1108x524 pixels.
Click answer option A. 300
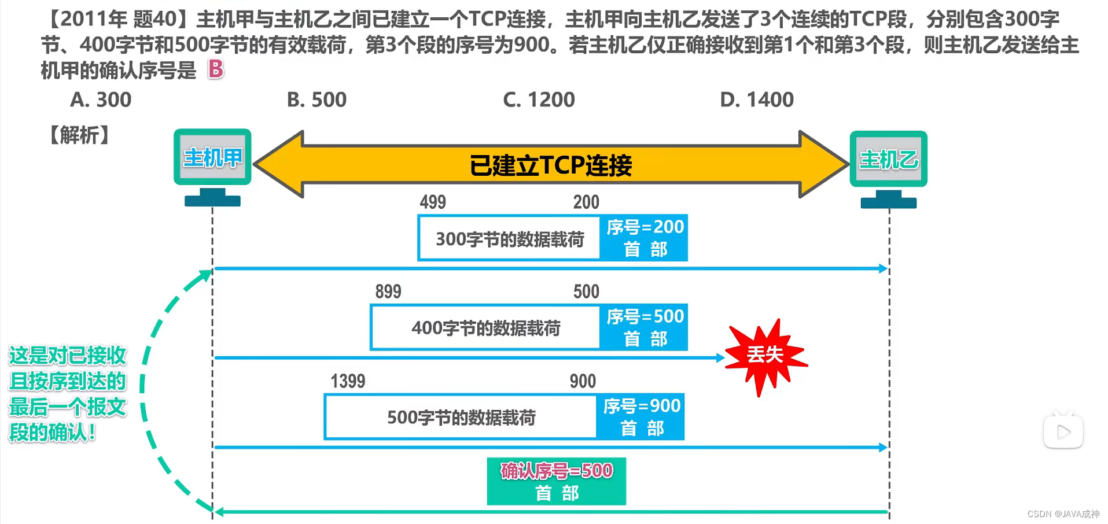click(101, 100)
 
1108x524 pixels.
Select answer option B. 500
click(316, 100)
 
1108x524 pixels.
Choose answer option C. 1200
click(539, 100)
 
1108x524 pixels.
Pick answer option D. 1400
click(757, 100)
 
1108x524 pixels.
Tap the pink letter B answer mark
click(216, 69)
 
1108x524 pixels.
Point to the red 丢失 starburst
click(765, 355)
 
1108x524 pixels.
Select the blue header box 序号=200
click(645, 238)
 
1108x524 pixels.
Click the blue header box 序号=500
click(645, 327)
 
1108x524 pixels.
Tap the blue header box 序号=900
click(641, 417)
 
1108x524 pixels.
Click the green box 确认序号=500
click(556, 481)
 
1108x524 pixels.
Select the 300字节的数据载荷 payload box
click(509, 239)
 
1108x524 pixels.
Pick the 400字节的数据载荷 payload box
click(485, 328)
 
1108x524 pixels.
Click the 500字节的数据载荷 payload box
click(461, 417)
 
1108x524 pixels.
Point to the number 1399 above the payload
click(348, 381)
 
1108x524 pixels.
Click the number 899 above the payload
click(388, 291)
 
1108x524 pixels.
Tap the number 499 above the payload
click(433, 202)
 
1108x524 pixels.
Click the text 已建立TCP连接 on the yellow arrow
click(550, 165)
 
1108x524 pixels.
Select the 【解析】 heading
click(79, 135)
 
